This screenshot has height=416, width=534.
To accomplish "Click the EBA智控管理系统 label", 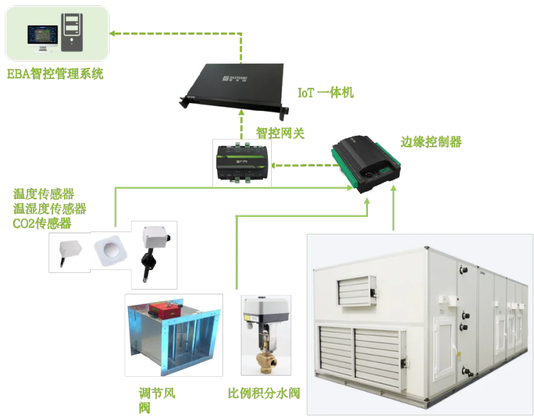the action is pyautogui.click(x=55, y=74).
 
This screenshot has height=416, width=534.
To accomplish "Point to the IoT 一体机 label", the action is pyautogui.click(x=325, y=93).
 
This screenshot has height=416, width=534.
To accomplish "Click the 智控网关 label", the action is pyautogui.click(x=279, y=133).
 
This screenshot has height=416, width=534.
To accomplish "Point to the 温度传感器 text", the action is pyautogui.click(x=44, y=194).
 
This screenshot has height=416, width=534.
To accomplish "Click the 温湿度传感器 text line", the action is pyautogui.click(x=49, y=208).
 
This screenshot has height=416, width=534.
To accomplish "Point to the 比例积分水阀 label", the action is pyautogui.click(x=265, y=393).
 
